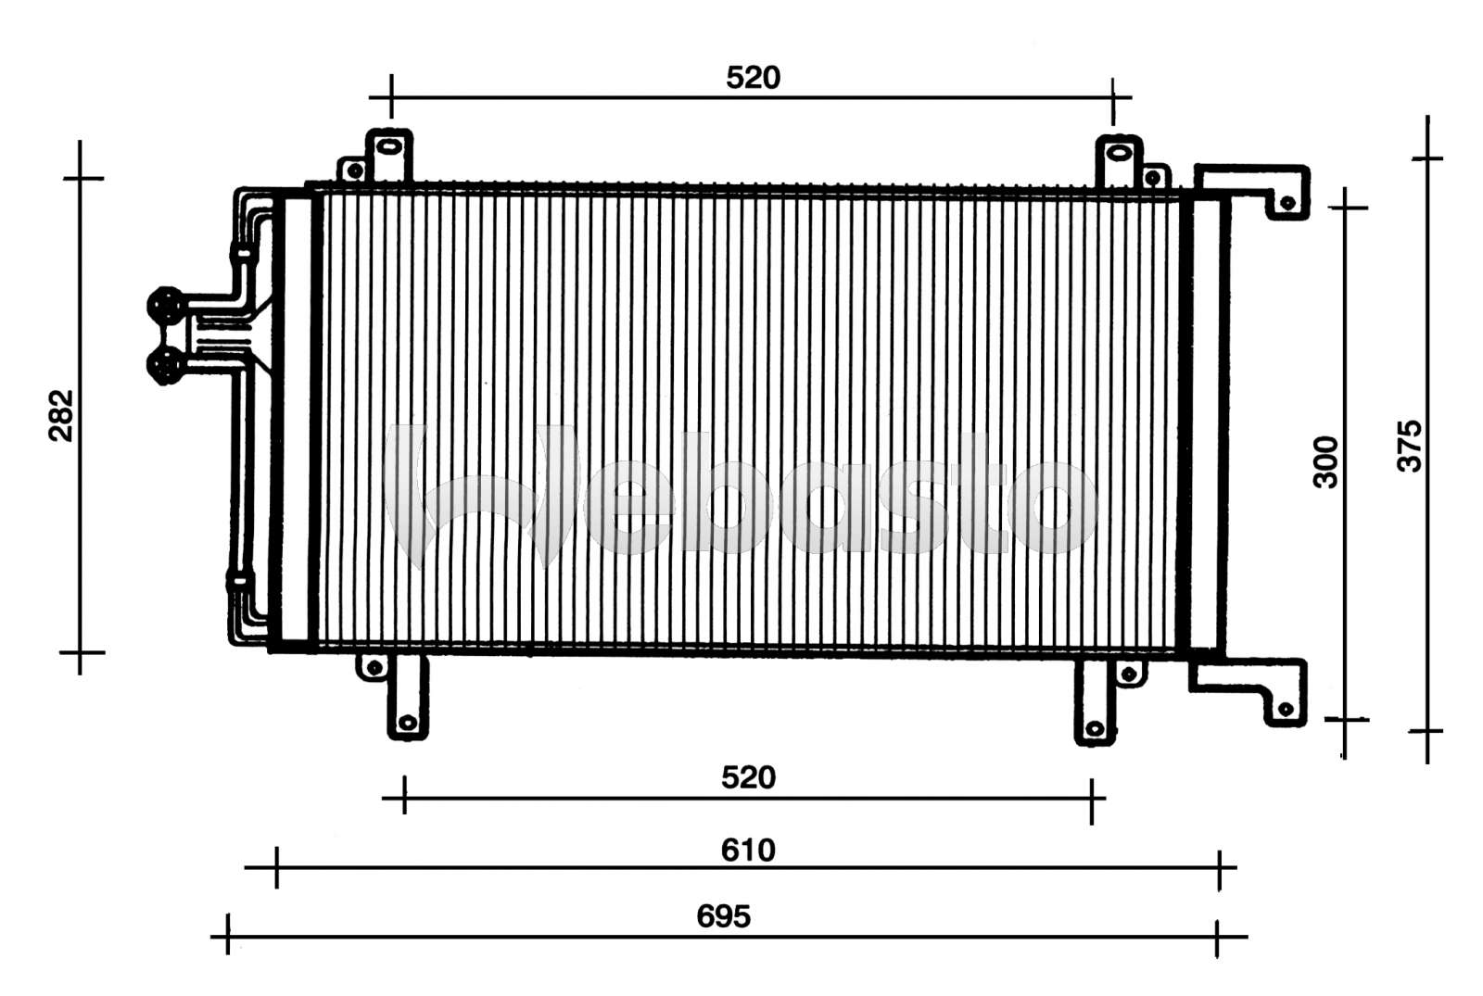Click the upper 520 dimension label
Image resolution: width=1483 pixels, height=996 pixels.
753,78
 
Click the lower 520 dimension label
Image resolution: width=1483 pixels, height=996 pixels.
748,777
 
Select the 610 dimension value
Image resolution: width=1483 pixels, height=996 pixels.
748,850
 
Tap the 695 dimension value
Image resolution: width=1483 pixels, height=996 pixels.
723,916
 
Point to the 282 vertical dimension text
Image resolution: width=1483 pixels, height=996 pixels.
61,416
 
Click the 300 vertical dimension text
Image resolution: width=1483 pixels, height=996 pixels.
1326,461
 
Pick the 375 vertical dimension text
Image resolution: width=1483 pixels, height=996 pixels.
1409,446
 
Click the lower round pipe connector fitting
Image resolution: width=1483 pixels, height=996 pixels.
166,364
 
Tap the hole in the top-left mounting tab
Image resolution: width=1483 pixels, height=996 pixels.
389,146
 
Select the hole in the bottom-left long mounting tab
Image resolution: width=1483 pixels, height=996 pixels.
407,723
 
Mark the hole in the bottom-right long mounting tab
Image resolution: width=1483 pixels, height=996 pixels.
1095,729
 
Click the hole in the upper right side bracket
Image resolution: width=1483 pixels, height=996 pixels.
1287,203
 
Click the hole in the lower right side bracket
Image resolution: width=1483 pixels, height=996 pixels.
1285,710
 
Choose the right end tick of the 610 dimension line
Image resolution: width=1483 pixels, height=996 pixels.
1220,869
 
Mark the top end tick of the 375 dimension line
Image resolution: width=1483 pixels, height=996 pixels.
1427,158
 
